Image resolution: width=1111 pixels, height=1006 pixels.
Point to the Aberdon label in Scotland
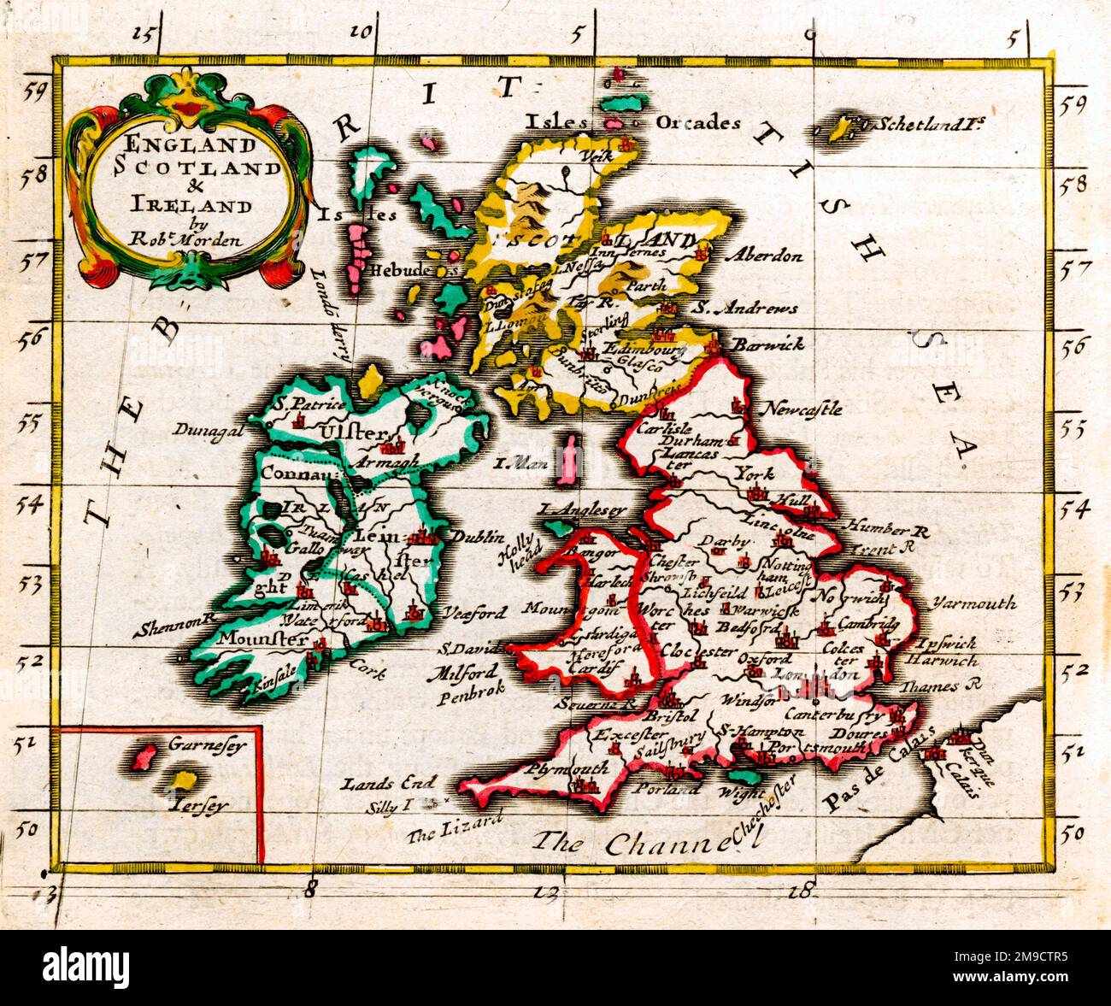point(763,256)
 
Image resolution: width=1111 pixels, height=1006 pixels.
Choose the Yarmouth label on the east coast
point(976,603)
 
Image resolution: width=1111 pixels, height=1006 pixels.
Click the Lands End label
point(388,781)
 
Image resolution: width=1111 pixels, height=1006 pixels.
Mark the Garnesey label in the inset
point(200,744)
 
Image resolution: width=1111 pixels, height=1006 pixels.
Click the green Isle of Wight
point(749,776)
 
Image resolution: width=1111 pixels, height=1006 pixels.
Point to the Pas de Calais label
point(880,774)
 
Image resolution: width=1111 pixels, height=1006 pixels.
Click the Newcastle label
point(805,408)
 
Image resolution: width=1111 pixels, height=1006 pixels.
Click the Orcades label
point(697,122)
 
